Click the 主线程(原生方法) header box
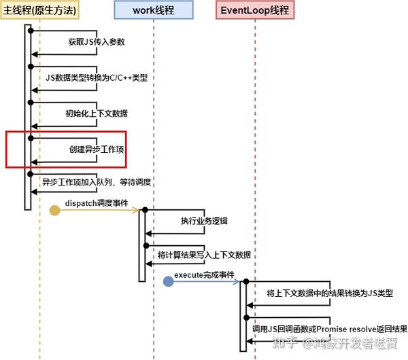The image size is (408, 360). click(x=39, y=10)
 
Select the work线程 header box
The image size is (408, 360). click(x=154, y=10)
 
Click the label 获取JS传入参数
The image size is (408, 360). click(x=96, y=42)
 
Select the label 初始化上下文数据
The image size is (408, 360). click(x=96, y=113)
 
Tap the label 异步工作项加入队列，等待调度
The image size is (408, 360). click(x=96, y=183)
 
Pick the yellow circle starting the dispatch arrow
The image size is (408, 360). click(x=54, y=211)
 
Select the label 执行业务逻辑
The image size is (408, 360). click(x=204, y=221)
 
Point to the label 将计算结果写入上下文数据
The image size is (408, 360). click(x=204, y=255)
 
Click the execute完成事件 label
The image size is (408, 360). click(x=204, y=274)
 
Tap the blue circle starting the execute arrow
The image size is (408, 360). click(x=168, y=281)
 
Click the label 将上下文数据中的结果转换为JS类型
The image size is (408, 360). click(x=320, y=293)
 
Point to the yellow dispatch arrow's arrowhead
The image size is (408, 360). click(x=136, y=211)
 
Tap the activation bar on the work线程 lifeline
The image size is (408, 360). click(x=142, y=245)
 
